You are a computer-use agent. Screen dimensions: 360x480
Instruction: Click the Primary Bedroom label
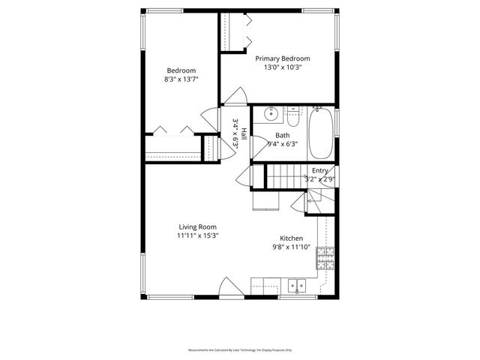click(283, 58)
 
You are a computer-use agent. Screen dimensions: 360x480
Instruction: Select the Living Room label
click(197, 226)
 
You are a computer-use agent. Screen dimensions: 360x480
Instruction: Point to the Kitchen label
click(292, 237)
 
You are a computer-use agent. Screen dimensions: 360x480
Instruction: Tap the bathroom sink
click(271, 115)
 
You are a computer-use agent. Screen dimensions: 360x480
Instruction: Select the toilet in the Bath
click(293, 118)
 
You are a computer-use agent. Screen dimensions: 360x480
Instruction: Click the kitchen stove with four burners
click(325, 259)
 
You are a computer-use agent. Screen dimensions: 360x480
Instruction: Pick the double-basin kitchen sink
click(298, 285)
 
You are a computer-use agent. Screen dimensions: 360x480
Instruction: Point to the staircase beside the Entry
click(285, 176)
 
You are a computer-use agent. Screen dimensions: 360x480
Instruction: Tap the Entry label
click(319, 171)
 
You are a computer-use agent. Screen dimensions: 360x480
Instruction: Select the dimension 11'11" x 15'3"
click(197, 235)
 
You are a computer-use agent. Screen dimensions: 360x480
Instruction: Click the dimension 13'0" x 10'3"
click(283, 67)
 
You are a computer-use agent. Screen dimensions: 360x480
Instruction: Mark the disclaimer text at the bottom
click(240, 350)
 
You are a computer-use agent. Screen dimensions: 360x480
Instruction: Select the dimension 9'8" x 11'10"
click(292, 246)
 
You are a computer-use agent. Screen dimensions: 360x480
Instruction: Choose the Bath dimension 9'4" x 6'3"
click(283, 144)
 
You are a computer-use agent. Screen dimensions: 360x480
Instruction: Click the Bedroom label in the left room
click(181, 70)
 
